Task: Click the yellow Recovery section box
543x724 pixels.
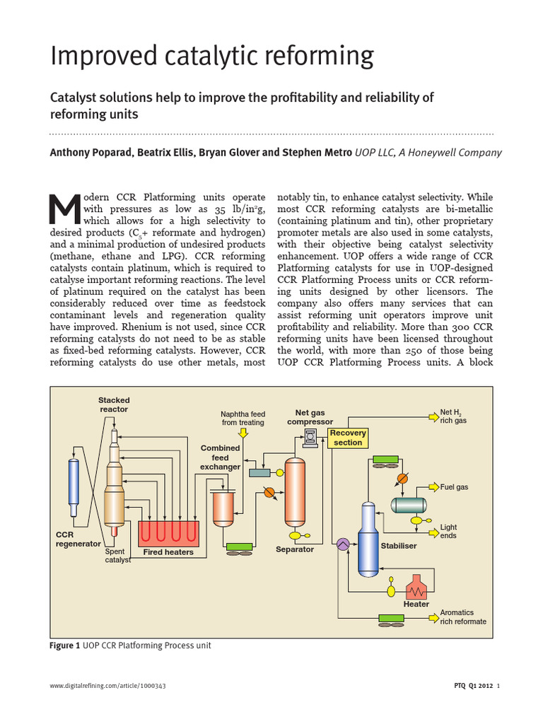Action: pyautogui.click(x=348, y=438)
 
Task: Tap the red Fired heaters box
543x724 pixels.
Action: pyautogui.click(x=168, y=532)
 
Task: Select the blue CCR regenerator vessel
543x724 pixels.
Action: pyautogui.click(x=74, y=488)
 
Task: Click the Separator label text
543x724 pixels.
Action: pyautogui.click(x=294, y=549)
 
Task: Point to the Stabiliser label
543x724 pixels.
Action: pyautogui.click(x=399, y=546)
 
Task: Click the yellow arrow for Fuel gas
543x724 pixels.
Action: pyautogui.click(x=431, y=487)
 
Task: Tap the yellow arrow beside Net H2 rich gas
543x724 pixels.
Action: pyautogui.click(x=431, y=416)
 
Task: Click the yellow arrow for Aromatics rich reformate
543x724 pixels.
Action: pyautogui.click(x=431, y=617)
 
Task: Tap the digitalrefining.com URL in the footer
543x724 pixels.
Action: pyautogui.click(x=108, y=686)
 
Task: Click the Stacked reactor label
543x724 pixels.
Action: pyautogui.click(x=114, y=404)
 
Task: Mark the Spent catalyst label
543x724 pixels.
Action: pyautogui.click(x=117, y=556)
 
